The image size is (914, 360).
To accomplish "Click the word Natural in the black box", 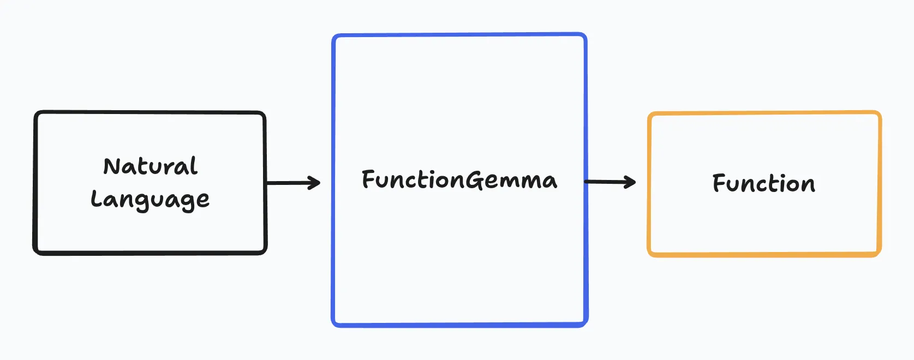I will [x=150, y=166].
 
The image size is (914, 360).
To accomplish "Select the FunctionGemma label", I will [x=459, y=180].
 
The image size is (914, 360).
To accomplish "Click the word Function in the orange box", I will [x=763, y=183].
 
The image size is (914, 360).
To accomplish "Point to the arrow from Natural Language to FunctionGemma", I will [x=293, y=183].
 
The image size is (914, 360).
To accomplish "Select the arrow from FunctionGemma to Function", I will [x=610, y=182].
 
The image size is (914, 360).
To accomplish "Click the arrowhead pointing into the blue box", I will [x=315, y=183].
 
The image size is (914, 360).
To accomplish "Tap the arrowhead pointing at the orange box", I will [x=631, y=182].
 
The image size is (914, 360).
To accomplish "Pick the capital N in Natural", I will [x=112, y=166].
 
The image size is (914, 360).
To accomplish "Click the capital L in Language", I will [x=97, y=199].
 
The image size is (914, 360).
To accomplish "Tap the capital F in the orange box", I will [x=720, y=183].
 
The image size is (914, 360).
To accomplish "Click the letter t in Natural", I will [x=144, y=166].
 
